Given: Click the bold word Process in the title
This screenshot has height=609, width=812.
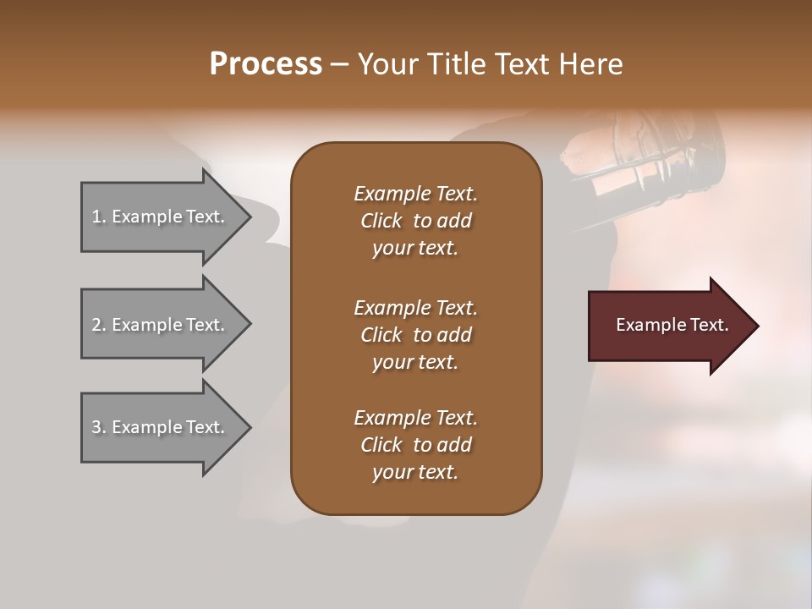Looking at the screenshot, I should tap(266, 64).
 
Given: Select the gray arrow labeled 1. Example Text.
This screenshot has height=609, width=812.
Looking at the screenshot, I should tap(161, 217).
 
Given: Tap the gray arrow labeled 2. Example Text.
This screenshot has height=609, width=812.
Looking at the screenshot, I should tap(161, 325).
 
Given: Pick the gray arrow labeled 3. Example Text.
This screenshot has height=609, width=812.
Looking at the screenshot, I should tap(161, 427).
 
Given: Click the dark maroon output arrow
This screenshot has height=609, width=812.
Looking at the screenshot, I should tap(668, 326).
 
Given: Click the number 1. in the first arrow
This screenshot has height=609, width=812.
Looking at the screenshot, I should tap(99, 217).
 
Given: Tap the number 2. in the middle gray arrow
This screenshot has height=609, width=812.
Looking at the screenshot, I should tap(99, 325).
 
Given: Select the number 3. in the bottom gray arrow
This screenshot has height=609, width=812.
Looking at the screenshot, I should tap(99, 427).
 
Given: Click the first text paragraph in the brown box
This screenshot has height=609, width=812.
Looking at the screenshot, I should tap(415, 221).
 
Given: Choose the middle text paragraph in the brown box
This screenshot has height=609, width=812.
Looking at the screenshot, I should tap(415, 335).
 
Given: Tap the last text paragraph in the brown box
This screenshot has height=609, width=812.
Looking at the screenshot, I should tap(415, 445).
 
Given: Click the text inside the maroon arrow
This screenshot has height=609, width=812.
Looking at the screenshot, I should tap(672, 325).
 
